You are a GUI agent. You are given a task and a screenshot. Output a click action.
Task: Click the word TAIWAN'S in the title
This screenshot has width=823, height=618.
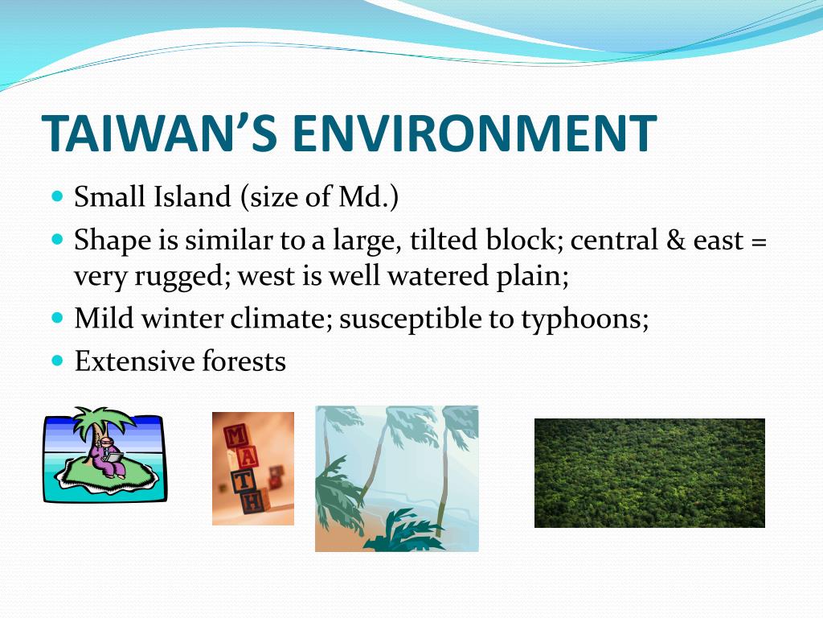[159, 132]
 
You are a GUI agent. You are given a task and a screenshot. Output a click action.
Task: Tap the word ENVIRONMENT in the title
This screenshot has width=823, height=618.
[474, 133]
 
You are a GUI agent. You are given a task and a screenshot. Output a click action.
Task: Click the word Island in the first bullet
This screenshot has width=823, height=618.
[192, 196]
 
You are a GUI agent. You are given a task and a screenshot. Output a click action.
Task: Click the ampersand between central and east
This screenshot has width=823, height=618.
[675, 240]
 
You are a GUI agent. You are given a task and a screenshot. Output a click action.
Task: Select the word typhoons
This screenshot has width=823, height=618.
[585, 319]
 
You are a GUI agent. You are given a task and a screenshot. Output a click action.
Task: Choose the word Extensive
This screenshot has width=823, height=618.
[135, 361]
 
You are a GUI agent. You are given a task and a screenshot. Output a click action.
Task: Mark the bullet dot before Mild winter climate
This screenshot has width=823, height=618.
[58, 318]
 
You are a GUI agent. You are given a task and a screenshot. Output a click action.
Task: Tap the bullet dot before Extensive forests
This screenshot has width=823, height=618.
[58, 360]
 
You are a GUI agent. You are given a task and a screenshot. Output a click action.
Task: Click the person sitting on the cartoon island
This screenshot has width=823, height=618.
[107, 455]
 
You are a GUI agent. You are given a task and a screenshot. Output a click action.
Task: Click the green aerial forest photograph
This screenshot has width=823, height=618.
[649, 473]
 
